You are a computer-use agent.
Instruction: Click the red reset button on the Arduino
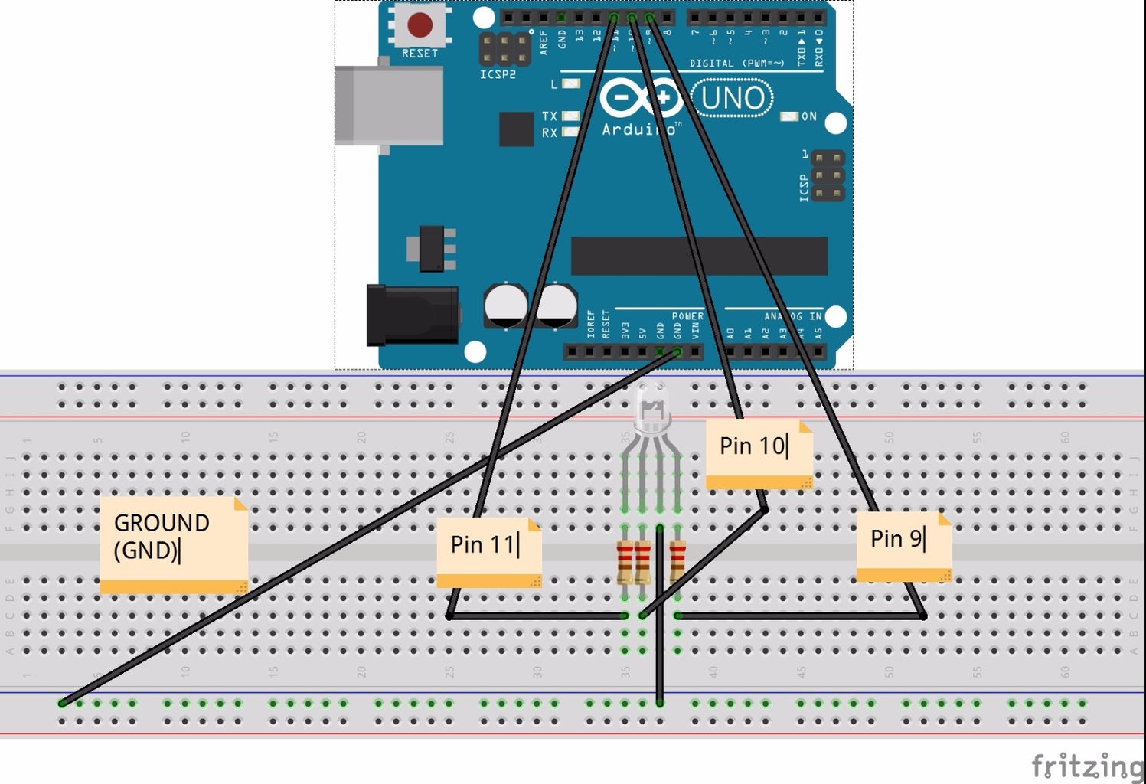[x=420, y=24]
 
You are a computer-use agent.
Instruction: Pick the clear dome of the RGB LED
[x=651, y=406]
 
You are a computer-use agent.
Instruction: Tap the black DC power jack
[x=412, y=315]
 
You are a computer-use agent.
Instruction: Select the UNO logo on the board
[x=732, y=99]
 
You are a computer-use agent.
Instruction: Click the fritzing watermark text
[x=1087, y=765]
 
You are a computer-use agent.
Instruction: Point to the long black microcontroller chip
[x=699, y=255]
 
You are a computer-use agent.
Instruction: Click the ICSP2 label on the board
[x=498, y=74]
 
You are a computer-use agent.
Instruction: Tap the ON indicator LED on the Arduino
[x=788, y=116]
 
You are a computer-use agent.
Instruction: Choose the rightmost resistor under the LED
[x=677, y=561]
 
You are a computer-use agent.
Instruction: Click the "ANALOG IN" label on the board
[x=792, y=316]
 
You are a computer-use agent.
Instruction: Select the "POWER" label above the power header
[x=687, y=316]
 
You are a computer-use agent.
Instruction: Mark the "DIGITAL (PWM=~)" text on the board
[x=736, y=64]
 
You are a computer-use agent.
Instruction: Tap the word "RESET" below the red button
[x=420, y=54]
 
